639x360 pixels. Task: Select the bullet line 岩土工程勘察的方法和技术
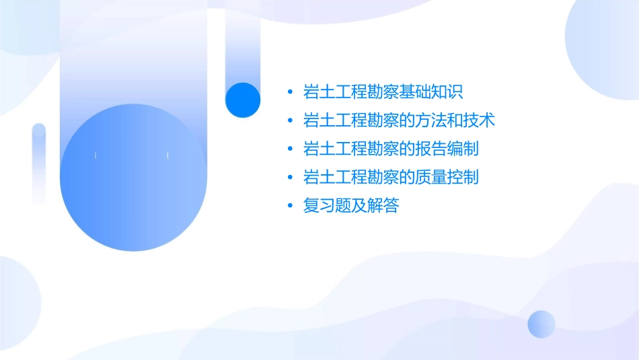pos(400,121)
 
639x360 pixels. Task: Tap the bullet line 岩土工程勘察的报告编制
pos(391,149)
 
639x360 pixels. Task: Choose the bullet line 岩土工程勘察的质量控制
pos(391,178)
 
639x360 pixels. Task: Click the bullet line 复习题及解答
pos(351,206)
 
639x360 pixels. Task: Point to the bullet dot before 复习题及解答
pos(289,206)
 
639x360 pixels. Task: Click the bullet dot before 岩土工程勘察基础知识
pos(289,92)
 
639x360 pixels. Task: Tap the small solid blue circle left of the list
pos(243,100)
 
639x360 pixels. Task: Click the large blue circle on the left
pos(133,178)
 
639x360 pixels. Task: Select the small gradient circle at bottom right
pos(541,324)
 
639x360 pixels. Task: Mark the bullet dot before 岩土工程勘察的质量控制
pos(289,178)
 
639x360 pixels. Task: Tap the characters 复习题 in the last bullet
pos(327,206)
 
